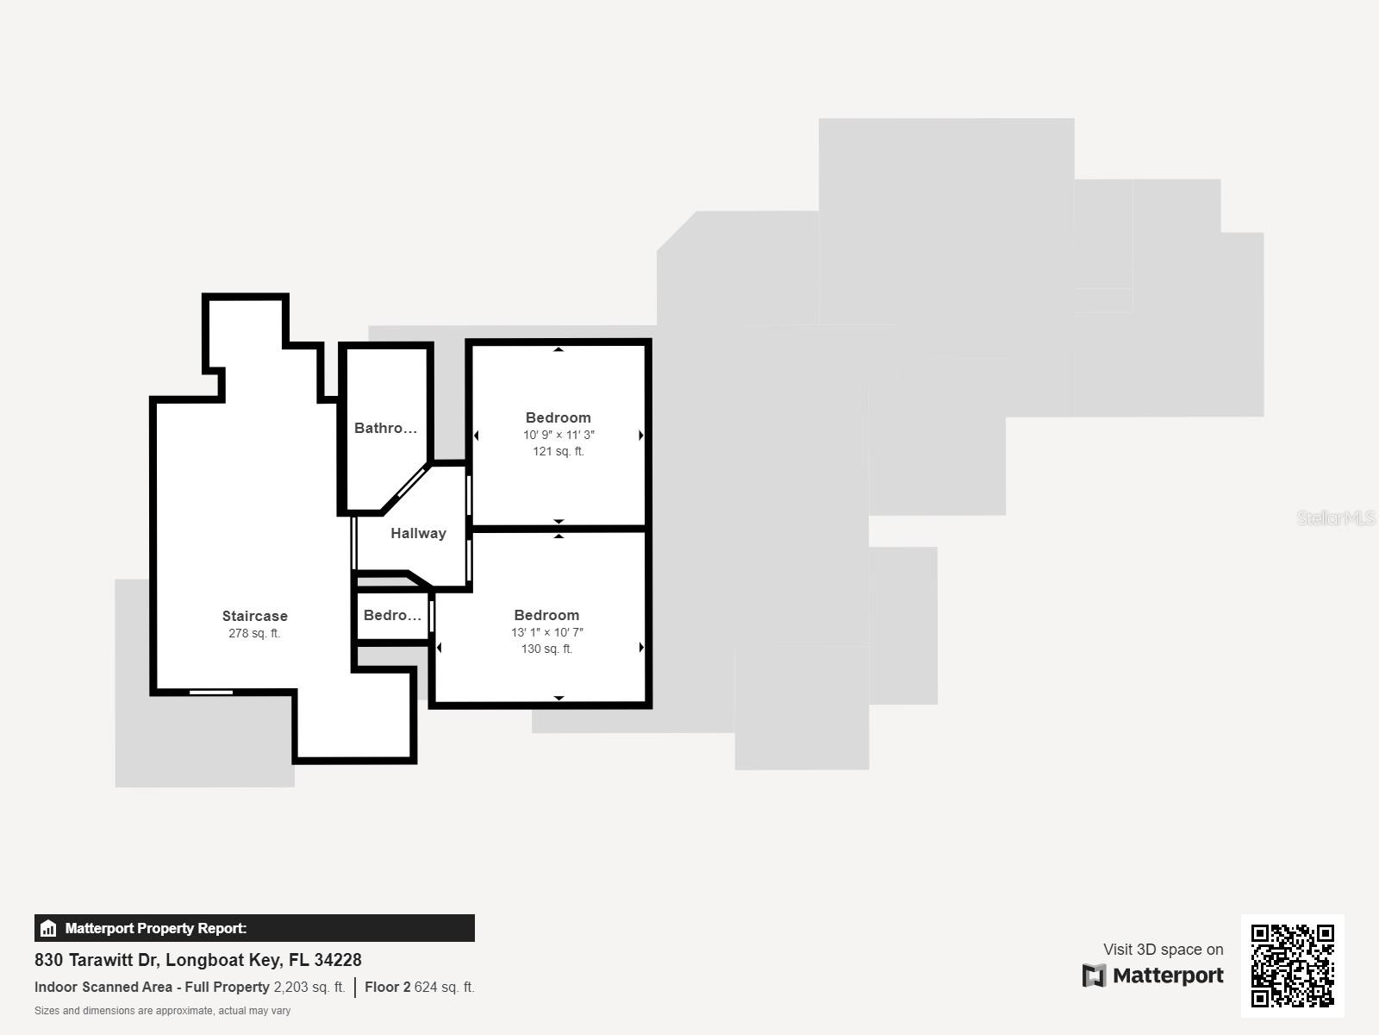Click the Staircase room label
point(254,616)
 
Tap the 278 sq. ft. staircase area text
point(254,633)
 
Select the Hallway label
point(418,533)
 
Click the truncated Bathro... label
point(385,428)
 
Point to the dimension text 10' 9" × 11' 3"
point(558,435)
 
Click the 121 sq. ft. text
point(558,451)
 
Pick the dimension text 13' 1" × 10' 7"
point(546,632)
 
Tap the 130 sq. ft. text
point(546,649)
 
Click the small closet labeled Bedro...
point(392,615)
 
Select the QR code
point(1292,965)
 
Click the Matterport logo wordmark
point(1153,975)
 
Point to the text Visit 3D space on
point(1163,949)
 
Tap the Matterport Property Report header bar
point(254,928)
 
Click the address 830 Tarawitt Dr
point(198,959)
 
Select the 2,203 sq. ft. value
point(309,987)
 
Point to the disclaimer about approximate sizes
point(162,1011)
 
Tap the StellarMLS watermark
point(1335,517)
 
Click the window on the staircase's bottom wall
point(211,692)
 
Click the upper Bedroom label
point(558,417)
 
